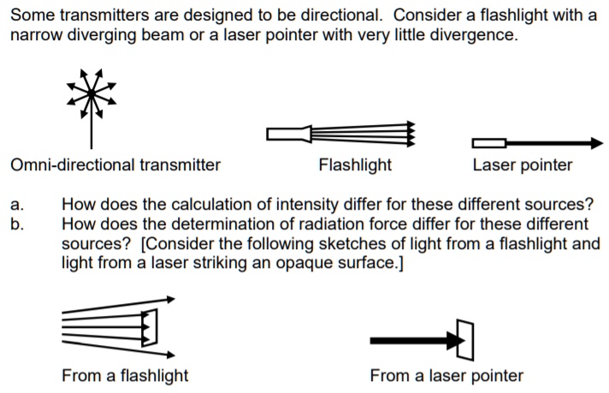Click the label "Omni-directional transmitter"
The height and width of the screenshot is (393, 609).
[x=115, y=165]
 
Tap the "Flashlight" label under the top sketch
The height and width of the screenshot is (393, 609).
[x=354, y=165]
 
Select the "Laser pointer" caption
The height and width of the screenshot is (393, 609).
[x=522, y=165]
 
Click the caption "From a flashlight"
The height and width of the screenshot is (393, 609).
[x=125, y=375]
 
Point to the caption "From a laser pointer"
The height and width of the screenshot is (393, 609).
[x=446, y=375]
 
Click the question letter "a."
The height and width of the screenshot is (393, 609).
[x=18, y=205]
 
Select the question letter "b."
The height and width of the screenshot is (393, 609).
[x=18, y=223]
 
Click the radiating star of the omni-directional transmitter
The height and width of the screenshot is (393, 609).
[x=90, y=92]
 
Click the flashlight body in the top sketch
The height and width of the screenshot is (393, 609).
[x=287, y=134]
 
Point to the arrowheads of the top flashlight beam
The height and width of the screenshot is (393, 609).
[x=410, y=134]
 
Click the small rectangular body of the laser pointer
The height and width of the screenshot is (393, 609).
[x=488, y=143]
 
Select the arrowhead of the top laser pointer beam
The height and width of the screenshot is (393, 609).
[x=594, y=143]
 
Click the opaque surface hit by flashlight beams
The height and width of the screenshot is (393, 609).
[x=151, y=325]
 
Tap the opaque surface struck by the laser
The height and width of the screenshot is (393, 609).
[x=465, y=340]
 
